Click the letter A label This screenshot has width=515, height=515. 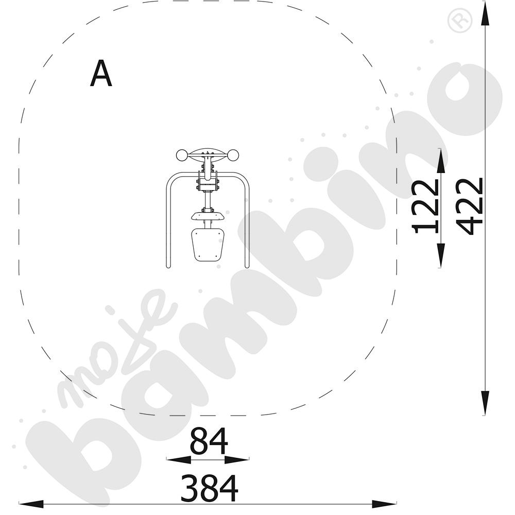point(101,73)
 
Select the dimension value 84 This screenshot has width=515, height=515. point(209,441)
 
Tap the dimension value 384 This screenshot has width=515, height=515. point(209,488)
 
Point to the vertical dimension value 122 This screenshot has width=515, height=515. point(425,207)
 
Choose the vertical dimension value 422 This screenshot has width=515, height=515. point(470,207)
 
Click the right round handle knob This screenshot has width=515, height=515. point(233,156)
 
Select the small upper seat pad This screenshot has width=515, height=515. point(208,216)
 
